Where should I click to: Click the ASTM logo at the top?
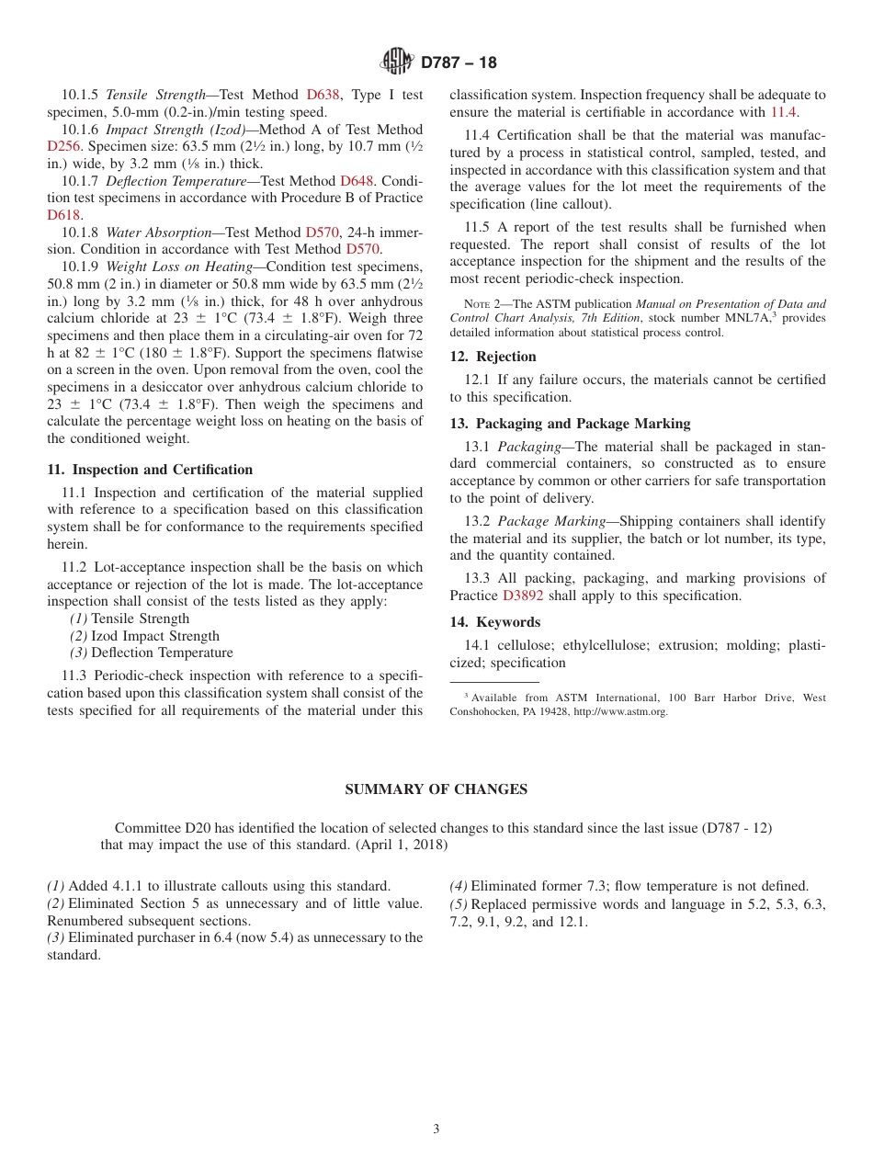[397, 62]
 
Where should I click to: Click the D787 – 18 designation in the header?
[459, 62]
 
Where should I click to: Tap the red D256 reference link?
[64, 146]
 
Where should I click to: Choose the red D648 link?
[357, 181]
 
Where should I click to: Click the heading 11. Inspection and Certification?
[150, 470]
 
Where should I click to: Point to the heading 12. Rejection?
[493, 357]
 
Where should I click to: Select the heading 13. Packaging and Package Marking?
[570, 424]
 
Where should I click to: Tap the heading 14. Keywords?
[494, 622]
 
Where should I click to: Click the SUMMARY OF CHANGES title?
[436, 789]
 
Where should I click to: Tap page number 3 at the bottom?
[436, 1129]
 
